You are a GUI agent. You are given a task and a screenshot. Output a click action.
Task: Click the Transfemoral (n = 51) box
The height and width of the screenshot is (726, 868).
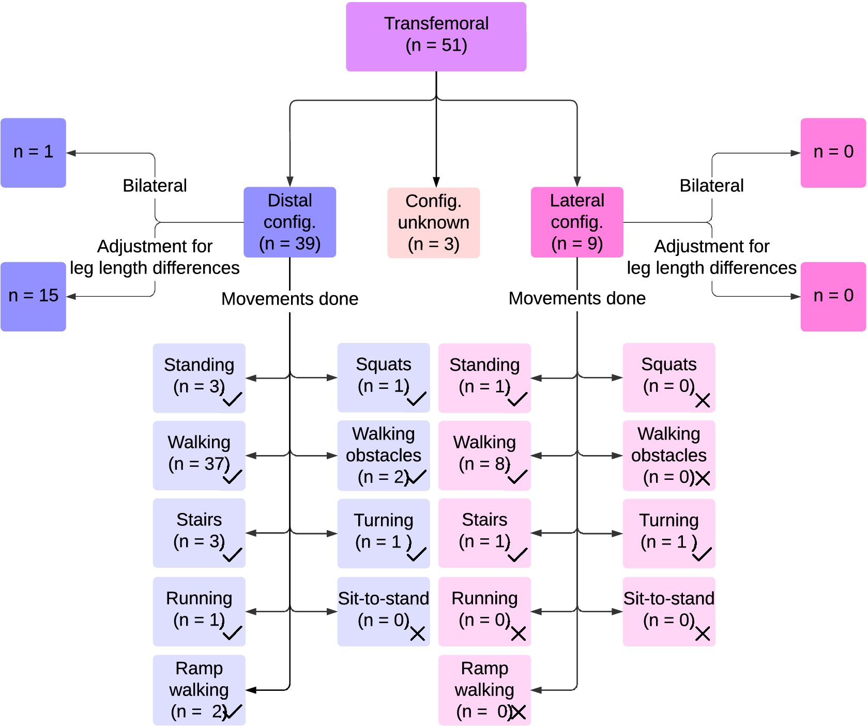point(436,37)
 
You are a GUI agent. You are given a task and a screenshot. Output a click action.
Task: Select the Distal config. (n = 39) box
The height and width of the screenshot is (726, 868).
point(290,222)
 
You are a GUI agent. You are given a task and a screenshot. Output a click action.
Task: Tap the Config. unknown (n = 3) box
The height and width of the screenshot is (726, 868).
point(433,222)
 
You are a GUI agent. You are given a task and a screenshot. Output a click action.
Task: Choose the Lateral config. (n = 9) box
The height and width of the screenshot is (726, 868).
point(577,222)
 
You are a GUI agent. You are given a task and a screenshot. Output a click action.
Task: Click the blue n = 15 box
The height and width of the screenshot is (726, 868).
point(33,296)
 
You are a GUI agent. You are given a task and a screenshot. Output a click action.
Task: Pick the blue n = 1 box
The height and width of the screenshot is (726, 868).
point(33,153)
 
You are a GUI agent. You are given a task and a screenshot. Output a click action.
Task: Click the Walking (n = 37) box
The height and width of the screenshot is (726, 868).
point(199,455)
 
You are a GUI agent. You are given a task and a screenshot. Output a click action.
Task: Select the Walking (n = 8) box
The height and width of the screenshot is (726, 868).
point(484,455)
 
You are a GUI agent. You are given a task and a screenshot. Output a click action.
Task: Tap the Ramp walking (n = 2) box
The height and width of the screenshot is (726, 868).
point(199,690)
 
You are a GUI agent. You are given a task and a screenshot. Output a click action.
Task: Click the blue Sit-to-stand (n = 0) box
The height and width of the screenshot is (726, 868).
point(383,611)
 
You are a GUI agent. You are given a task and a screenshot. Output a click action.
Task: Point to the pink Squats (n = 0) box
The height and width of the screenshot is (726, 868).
point(668,377)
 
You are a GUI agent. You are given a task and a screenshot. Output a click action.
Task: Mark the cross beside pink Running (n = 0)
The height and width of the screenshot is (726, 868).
point(518,633)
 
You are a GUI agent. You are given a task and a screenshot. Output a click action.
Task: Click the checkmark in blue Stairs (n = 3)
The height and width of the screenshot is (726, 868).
point(232,555)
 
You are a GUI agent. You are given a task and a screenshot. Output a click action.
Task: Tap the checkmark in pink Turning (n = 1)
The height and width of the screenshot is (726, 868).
point(702,555)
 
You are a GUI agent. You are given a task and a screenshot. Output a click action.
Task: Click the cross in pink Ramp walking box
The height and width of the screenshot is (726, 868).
point(517,712)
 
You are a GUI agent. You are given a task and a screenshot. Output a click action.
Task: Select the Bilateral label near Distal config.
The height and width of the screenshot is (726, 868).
point(155,186)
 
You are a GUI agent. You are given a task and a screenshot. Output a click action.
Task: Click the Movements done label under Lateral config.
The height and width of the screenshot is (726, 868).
point(577,298)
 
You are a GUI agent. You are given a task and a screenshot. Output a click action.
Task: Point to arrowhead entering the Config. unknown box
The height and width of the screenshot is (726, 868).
point(436,182)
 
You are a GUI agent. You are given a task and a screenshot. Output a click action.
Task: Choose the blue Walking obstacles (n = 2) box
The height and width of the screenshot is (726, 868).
point(383,455)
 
